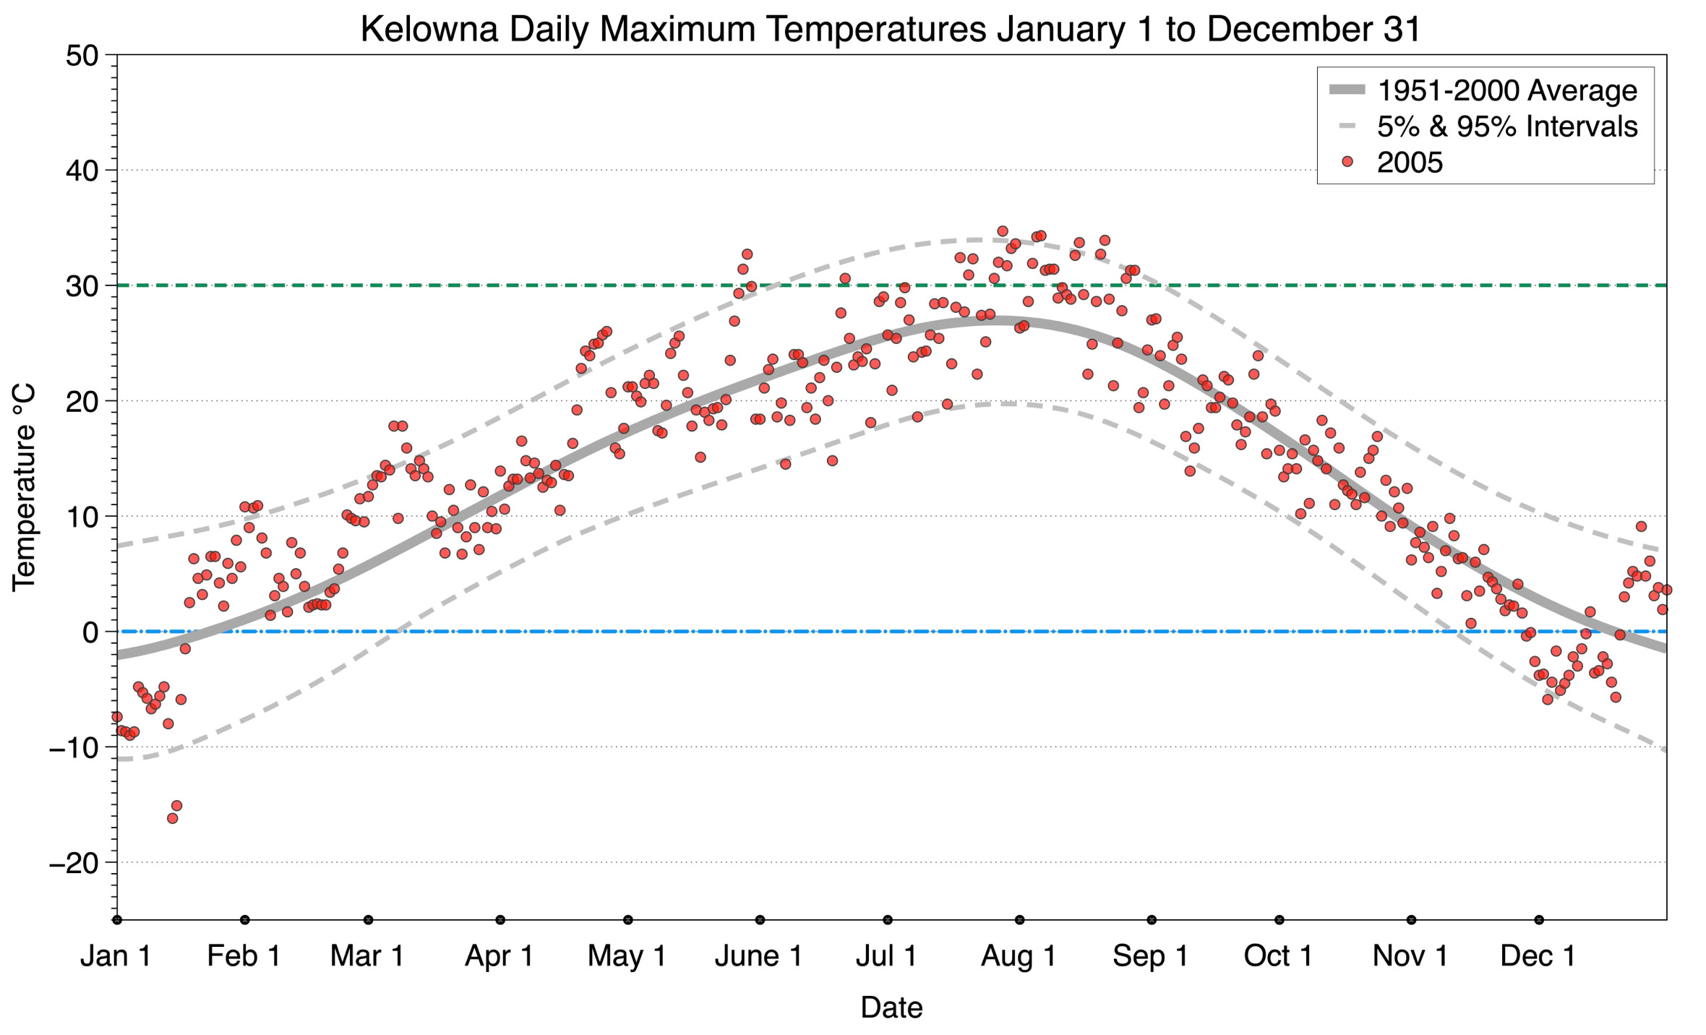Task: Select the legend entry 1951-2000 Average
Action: (1506, 90)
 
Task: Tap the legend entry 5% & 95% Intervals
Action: (1506, 126)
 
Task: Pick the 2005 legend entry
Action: (1409, 163)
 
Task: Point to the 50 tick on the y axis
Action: (82, 56)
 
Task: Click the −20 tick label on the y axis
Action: (73, 863)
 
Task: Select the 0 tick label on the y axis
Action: (90, 632)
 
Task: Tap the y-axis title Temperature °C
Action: (24, 488)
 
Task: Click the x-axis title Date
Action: (891, 1008)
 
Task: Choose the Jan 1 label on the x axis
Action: (116, 956)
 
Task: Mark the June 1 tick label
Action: (759, 956)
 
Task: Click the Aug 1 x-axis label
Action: (1019, 956)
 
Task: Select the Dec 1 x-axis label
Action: (1538, 956)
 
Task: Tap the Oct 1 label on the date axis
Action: (1278, 956)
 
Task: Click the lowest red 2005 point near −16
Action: (172, 818)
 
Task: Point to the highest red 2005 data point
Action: (1002, 231)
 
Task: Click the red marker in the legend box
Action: (1347, 163)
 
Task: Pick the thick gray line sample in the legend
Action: (1347, 90)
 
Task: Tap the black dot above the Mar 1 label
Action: (369, 920)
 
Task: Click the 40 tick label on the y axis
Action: (82, 171)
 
